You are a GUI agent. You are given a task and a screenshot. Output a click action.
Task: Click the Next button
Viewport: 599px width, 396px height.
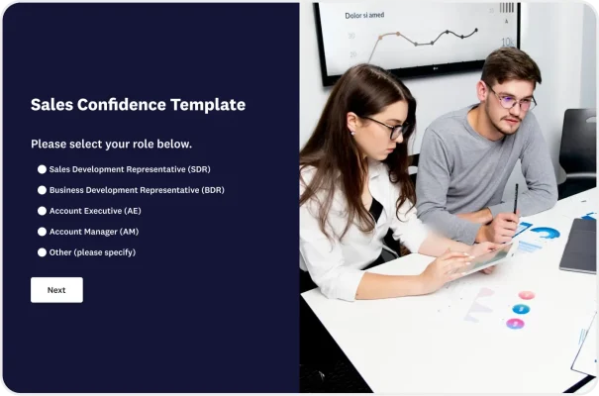pos(56,290)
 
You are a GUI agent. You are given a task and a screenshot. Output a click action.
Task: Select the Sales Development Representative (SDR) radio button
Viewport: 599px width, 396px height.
pos(43,169)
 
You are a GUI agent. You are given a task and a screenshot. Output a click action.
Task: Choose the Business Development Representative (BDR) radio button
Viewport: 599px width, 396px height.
pos(43,190)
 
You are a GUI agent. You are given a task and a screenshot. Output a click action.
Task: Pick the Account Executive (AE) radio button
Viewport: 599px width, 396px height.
pos(43,211)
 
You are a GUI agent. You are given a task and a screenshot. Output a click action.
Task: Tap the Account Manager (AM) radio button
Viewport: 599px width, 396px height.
pos(43,232)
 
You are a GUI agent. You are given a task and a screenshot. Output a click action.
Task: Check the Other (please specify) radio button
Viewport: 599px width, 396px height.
pos(43,252)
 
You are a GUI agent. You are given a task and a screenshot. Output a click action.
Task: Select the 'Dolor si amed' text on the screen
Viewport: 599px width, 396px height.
pos(364,16)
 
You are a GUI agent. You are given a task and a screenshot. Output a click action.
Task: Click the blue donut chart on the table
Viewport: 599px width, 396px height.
pos(545,233)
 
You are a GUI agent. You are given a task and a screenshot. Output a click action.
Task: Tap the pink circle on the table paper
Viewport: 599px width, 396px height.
pos(527,295)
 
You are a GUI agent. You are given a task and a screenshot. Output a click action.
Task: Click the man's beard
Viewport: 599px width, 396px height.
pos(506,124)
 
